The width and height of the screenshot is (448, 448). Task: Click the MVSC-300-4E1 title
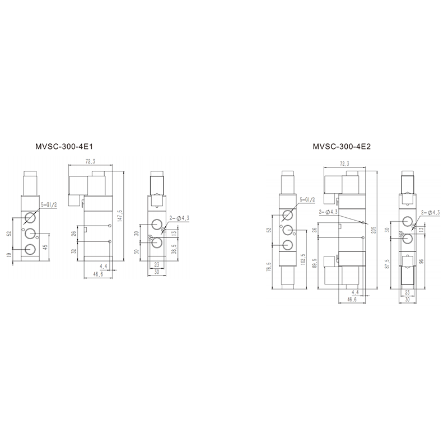(64, 147)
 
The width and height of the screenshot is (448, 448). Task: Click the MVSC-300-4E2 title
(342, 147)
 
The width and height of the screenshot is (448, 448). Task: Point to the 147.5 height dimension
(120, 216)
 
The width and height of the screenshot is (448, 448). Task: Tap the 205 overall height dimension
(374, 230)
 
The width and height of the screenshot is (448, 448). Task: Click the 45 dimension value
(45, 246)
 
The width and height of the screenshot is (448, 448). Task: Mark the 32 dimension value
(74, 251)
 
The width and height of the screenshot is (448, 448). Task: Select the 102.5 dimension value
(303, 260)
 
